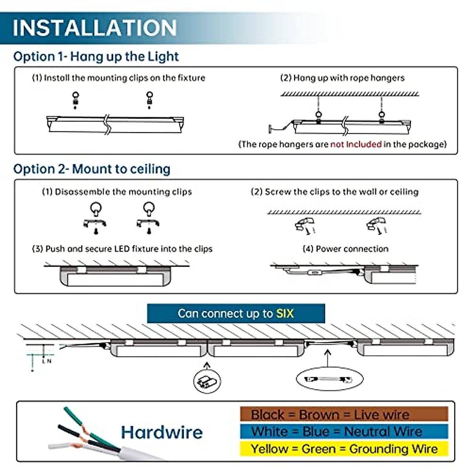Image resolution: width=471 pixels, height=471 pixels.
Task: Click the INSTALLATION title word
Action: [x=95, y=27]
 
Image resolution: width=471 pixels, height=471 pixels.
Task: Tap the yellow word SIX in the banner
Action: [x=285, y=314]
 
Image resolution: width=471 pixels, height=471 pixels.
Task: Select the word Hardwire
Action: [x=162, y=432]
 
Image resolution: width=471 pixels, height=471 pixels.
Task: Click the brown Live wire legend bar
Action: [x=344, y=414]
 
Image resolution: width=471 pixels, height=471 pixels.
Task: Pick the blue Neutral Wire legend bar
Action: [x=344, y=431]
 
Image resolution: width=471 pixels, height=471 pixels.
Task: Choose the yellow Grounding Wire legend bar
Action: [x=344, y=449]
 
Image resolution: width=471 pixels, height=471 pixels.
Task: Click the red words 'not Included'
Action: [x=356, y=144]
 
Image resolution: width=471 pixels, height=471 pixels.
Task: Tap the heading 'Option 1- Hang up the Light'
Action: [x=96, y=57]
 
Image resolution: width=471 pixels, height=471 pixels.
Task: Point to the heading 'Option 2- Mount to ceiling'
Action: [x=92, y=169]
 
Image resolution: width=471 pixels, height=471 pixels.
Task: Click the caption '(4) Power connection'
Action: [x=345, y=249]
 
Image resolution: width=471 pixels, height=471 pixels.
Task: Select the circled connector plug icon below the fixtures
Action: [x=207, y=380]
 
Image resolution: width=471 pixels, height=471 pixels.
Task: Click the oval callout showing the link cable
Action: [x=329, y=379]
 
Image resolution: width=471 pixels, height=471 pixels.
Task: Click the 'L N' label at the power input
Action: [x=47, y=361]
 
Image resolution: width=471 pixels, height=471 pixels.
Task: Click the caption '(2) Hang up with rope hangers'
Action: [x=342, y=78]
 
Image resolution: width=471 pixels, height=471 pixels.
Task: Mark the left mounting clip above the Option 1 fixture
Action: [x=75, y=100]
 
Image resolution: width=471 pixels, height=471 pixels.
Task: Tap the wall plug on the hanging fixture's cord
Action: [x=270, y=128]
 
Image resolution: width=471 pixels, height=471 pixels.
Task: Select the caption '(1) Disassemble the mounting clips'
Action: [x=117, y=192]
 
